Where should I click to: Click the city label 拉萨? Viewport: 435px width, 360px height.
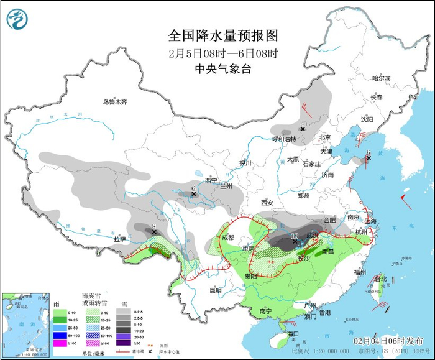[120, 239]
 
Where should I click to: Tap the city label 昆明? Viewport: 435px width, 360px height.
[215, 290]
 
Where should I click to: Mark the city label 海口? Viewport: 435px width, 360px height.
[293, 335]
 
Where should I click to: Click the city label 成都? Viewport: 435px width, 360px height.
[227, 238]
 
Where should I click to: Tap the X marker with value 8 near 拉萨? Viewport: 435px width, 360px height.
[154, 233]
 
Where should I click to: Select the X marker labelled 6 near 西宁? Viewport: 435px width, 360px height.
[194, 194]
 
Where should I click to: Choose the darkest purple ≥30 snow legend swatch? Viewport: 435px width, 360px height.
[123, 343]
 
